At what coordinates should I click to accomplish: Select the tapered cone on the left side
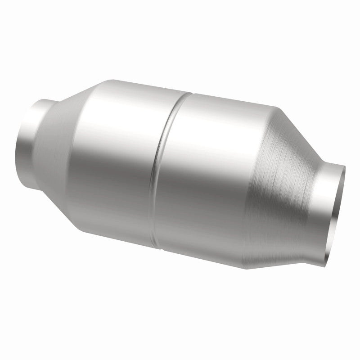pyautogui.click(x=67, y=130)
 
